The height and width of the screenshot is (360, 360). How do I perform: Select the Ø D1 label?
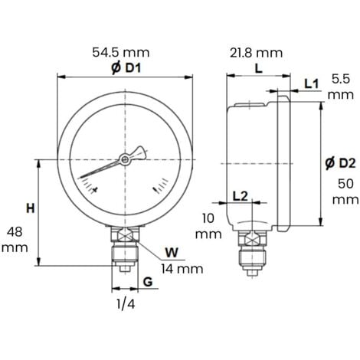(x=123, y=67)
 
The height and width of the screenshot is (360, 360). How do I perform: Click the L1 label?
(x=311, y=82)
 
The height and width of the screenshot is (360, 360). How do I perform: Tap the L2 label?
(x=240, y=196)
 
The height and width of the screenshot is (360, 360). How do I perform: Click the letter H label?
(x=30, y=208)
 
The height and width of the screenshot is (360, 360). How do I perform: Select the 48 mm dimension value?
(x=16, y=240)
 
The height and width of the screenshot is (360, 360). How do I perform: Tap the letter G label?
(x=145, y=283)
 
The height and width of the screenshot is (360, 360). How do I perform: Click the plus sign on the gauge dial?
(x=93, y=191)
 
